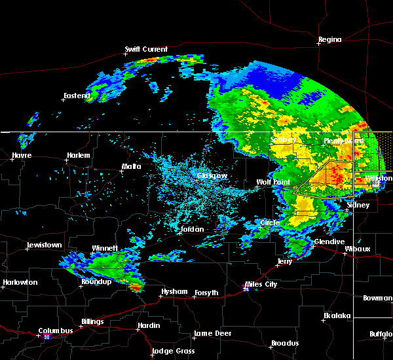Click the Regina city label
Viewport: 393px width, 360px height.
pyautogui.click(x=329, y=39)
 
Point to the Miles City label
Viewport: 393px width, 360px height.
pyautogui.click(x=261, y=284)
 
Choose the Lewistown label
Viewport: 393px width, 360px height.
pyautogui.click(x=44, y=245)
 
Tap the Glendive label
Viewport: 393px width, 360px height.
pyautogui.click(x=329, y=242)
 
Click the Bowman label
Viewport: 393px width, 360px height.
pyautogui.click(x=377, y=298)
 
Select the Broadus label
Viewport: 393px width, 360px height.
pyautogui.click(x=285, y=343)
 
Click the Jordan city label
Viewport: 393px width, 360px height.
pyautogui.click(x=192, y=229)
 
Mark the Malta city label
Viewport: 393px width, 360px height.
pyautogui.click(x=131, y=166)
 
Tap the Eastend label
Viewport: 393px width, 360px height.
pyautogui.click(x=77, y=96)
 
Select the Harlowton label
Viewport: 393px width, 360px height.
pyautogui.click(x=20, y=283)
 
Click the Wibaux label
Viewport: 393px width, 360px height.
pyautogui.click(x=358, y=249)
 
